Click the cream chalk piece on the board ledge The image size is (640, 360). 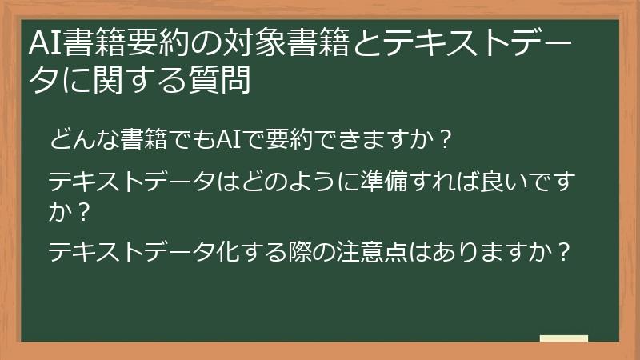point(563,338)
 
